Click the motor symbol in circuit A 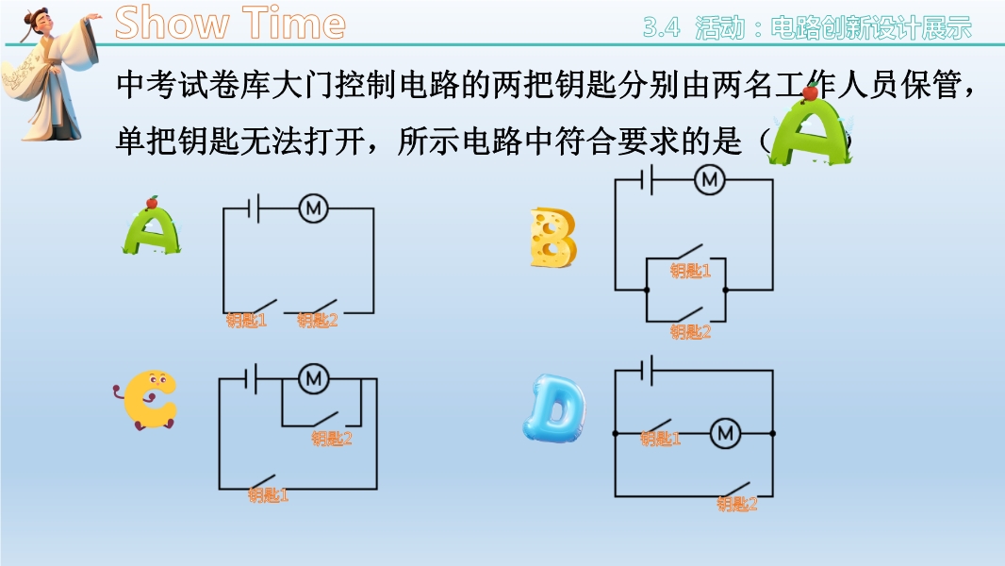pyautogui.click(x=313, y=208)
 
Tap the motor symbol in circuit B pyautogui.click(x=710, y=179)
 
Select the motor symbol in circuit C pyautogui.click(x=313, y=379)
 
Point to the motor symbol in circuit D pyautogui.click(x=726, y=434)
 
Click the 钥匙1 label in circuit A pyautogui.click(x=246, y=320)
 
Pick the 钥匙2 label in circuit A pyautogui.click(x=318, y=320)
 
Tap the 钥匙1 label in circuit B pyautogui.click(x=690, y=271)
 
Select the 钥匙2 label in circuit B pyautogui.click(x=690, y=331)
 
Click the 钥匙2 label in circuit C pyautogui.click(x=332, y=439)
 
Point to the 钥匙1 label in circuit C pyautogui.click(x=268, y=495)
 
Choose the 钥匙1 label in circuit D pyautogui.click(x=660, y=439)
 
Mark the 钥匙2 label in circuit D pyautogui.click(x=737, y=505)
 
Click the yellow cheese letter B pyautogui.click(x=552, y=237)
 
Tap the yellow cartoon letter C pyautogui.click(x=147, y=400)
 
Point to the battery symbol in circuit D pyautogui.click(x=647, y=371)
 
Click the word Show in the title pyautogui.click(x=172, y=23)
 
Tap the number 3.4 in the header pyautogui.click(x=662, y=27)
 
